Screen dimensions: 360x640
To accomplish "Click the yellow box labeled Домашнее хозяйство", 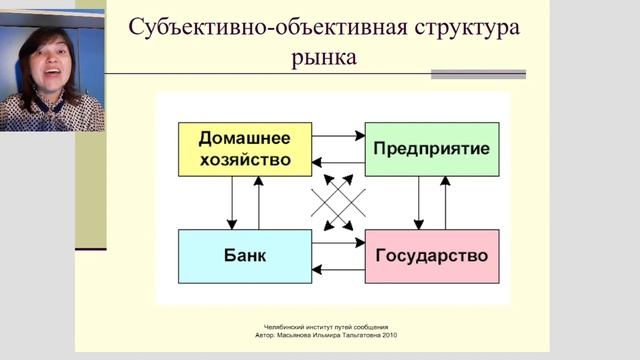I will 244,148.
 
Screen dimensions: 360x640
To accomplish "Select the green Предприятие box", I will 431,148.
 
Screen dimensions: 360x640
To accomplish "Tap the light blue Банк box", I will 244,255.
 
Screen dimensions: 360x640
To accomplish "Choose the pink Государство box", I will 431,255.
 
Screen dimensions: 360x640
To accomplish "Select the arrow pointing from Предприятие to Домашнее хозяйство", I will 337,162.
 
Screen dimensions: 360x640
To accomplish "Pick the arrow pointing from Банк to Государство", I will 337,242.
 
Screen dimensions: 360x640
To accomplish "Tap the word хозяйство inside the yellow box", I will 244,158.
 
